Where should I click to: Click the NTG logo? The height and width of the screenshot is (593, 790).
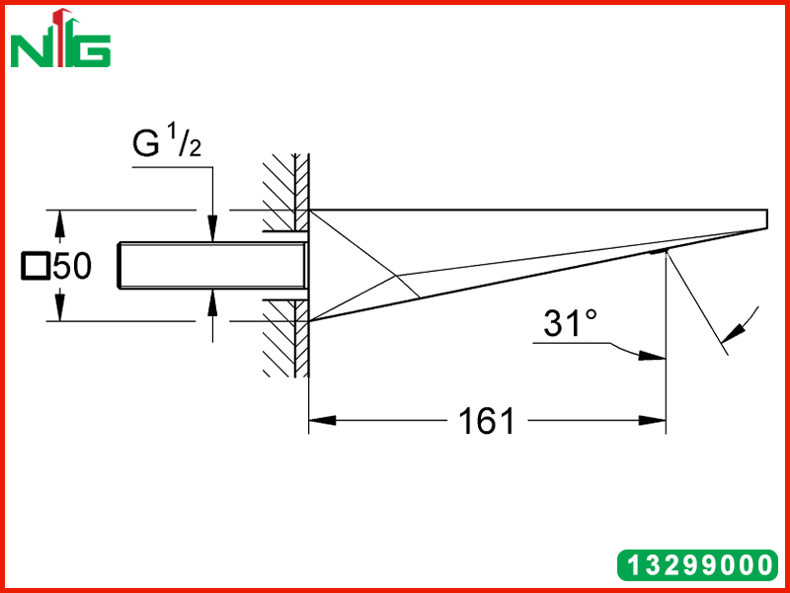[x=60, y=39]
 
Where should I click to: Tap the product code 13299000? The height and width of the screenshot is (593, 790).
[x=698, y=564]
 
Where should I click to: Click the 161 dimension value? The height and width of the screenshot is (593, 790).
[x=487, y=421]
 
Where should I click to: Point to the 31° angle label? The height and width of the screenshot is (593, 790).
[x=570, y=323]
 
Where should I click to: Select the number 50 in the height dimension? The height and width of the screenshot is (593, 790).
[x=72, y=266]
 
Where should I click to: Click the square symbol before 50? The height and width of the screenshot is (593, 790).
[x=36, y=266]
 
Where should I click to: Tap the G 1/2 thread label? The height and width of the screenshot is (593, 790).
[x=167, y=143]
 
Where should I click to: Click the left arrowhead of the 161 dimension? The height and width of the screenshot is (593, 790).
[x=323, y=420]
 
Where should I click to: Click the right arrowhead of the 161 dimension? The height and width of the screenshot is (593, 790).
[x=653, y=420]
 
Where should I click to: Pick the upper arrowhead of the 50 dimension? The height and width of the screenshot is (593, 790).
[x=60, y=223]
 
